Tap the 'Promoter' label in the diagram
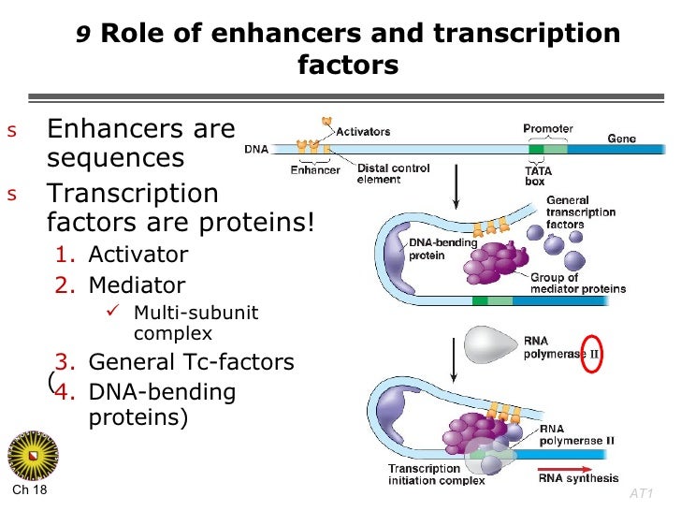[x=547, y=128]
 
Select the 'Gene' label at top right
[x=621, y=138]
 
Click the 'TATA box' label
[x=535, y=176]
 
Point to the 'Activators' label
[x=363, y=132]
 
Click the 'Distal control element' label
[x=393, y=174]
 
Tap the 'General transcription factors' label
[x=580, y=212]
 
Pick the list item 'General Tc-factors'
[x=174, y=362]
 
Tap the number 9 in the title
[x=82, y=36]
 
